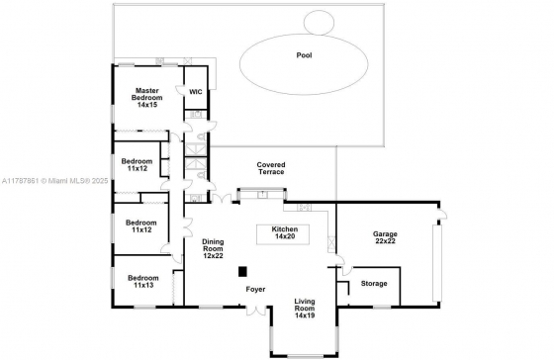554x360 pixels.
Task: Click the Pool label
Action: [x=304, y=55]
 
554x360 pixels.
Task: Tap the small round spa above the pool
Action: [x=319, y=23]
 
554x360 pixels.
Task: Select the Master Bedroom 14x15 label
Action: [x=147, y=98]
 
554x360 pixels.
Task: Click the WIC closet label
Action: [x=196, y=92]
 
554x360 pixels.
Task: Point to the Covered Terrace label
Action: [x=271, y=168]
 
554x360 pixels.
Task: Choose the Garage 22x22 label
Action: [x=385, y=237]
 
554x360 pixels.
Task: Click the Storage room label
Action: [x=374, y=283]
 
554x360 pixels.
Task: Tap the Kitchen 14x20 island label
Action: [x=285, y=232]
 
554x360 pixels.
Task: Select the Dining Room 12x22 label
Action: [x=213, y=248]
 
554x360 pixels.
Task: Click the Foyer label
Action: [x=255, y=290]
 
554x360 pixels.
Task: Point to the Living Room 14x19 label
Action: [x=305, y=309]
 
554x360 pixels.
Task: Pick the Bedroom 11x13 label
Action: [x=143, y=281]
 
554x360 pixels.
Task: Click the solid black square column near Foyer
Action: [x=242, y=272]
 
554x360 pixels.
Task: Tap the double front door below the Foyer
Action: [x=256, y=310]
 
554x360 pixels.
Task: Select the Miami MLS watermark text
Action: [x=54, y=181]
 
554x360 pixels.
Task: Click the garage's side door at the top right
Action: [x=442, y=214]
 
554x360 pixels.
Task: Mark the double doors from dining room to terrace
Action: [x=222, y=198]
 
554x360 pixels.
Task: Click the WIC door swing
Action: [x=180, y=90]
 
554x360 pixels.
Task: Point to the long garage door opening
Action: [x=437, y=262]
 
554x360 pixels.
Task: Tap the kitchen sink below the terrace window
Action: [x=262, y=194]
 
